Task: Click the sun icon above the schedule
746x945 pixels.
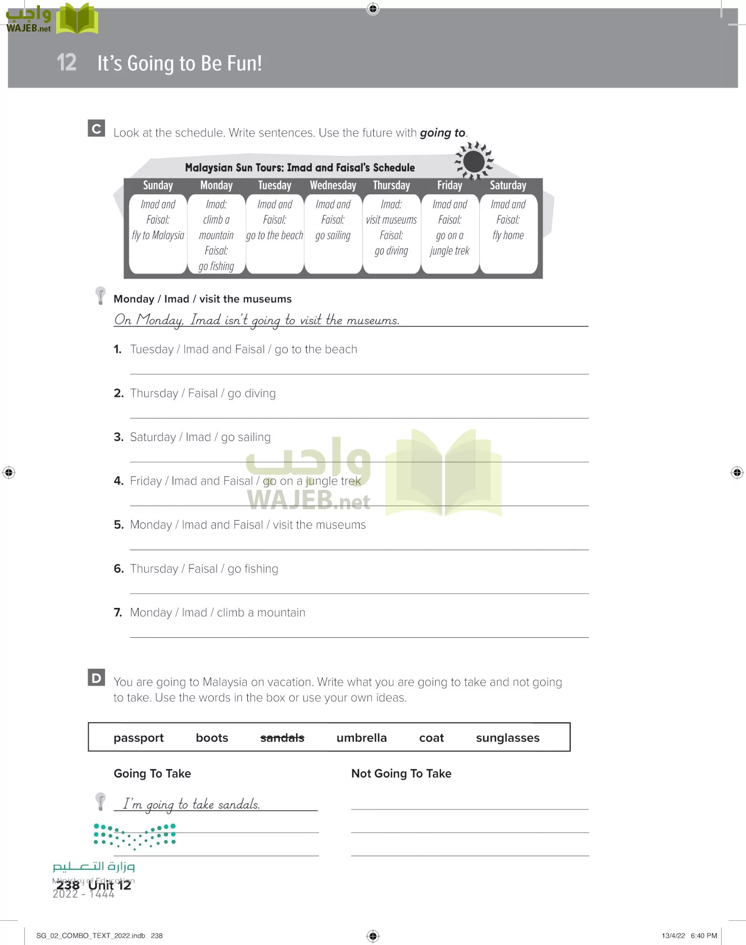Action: click(x=474, y=161)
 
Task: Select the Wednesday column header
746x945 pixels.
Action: click(x=333, y=185)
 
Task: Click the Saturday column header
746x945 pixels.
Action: click(x=508, y=185)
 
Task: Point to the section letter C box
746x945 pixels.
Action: click(x=97, y=129)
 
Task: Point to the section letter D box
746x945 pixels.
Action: click(x=97, y=678)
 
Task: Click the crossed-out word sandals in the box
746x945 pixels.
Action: click(x=282, y=738)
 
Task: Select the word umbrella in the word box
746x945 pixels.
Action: click(x=361, y=738)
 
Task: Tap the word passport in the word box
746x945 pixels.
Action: click(x=139, y=738)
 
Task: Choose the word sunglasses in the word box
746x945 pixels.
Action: click(x=507, y=738)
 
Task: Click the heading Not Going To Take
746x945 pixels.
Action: click(x=401, y=773)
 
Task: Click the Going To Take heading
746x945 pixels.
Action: click(x=152, y=773)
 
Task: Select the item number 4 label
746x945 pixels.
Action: click(x=118, y=481)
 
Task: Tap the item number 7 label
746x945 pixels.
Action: click(x=118, y=613)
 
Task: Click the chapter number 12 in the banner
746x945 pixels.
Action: click(x=67, y=62)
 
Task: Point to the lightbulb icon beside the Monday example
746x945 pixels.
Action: click(x=100, y=296)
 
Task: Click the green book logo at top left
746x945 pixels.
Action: click(x=77, y=19)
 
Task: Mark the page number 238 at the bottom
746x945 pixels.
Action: click(x=68, y=885)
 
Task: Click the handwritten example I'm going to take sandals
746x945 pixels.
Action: click(x=192, y=804)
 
